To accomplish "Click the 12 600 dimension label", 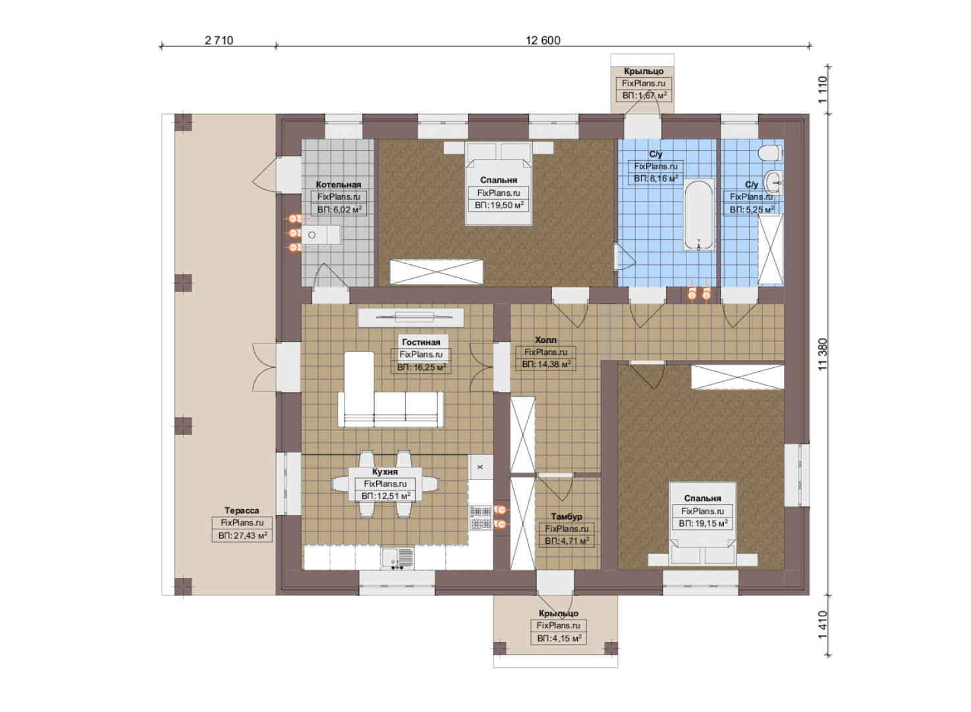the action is coord(543,40).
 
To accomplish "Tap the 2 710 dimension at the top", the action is coord(219,40).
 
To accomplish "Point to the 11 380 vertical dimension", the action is coord(823,354).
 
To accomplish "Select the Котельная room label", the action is coord(338,185).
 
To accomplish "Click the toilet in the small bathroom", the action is coord(769,153).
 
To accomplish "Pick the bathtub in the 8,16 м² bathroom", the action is coord(698,215).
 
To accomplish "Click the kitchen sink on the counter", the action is coord(397,558).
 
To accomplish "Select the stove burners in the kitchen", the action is coord(480,518).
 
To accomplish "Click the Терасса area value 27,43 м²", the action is coord(242,536).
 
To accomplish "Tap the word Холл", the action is coord(545,340).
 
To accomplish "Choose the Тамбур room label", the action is coord(567,516).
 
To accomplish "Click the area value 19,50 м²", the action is coord(499,205).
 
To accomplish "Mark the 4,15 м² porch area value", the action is coord(559,638).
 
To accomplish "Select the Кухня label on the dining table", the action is coord(385,471).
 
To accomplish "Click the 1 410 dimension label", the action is coord(823,625).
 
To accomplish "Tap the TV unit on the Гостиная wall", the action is coord(411,317).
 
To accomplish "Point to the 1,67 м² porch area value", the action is coord(644,96).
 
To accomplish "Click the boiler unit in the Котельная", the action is coord(321,235).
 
